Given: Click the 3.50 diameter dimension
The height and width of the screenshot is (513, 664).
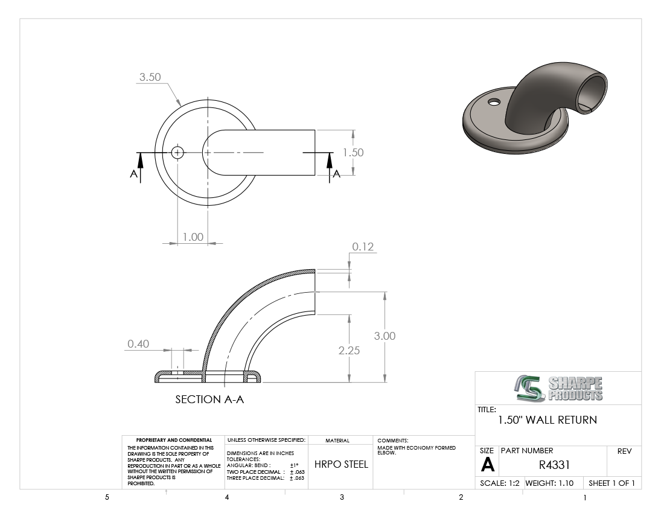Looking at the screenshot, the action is click(x=150, y=77).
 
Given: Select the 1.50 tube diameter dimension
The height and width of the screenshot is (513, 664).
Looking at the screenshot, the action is click(x=353, y=152).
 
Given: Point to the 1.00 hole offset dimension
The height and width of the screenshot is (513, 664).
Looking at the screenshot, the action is click(x=193, y=237).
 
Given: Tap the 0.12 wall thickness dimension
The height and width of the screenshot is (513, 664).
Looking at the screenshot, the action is click(x=363, y=247).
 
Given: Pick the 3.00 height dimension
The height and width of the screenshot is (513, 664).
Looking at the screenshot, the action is click(x=385, y=336).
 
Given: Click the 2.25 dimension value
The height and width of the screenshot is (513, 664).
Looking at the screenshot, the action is click(x=349, y=351).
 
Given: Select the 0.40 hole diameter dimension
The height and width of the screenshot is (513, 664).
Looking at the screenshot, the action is click(x=138, y=343).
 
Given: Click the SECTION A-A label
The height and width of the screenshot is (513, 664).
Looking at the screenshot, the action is click(x=209, y=399).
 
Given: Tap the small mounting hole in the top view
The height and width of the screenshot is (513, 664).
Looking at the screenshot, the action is click(x=177, y=152).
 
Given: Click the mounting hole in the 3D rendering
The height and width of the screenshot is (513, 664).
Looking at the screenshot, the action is click(x=494, y=102).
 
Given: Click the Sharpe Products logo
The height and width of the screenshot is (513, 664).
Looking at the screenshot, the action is click(x=558, y=388).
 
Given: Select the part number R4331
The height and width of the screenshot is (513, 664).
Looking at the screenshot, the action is click(x=554, y=465).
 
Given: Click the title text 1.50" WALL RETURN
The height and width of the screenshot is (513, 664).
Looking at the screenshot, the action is click(x=547, y=420).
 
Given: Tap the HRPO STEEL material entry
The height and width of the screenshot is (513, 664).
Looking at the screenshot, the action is click(x=341, y=464).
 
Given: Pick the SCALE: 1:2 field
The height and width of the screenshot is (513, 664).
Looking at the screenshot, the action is click(x=500, y=483).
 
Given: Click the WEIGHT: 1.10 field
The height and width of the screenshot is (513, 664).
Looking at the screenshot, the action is click(x=549, y=483).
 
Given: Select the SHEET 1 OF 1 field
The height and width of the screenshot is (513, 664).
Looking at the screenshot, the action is click(x=611, y=483).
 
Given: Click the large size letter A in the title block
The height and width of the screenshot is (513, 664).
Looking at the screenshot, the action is click(x=487, y=465).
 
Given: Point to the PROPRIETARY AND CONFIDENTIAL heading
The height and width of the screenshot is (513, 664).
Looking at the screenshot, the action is click(x=174, y=440).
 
